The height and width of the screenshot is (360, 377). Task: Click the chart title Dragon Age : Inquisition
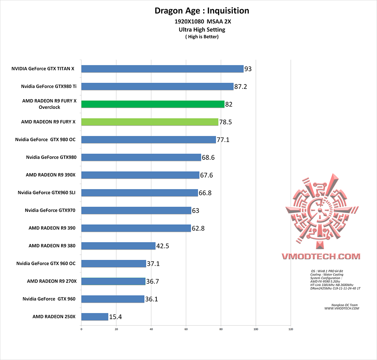[202, 11]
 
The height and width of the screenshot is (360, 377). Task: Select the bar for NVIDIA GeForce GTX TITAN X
[162, 69]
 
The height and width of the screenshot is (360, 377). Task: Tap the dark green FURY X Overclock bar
[153, 104]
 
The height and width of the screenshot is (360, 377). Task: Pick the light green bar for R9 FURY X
[150, 122]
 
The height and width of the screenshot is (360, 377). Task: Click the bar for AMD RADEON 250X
[95, 317]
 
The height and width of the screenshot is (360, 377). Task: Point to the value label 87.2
[241, 87]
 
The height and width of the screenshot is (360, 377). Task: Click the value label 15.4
[116, 317]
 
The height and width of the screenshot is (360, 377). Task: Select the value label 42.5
[163, 246]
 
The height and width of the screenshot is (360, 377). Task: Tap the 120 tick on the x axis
[291, 329]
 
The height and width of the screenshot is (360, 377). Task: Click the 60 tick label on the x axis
[186, 329]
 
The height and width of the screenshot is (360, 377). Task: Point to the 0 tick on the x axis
[81, 329]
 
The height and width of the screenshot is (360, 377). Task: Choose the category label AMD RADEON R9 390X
[51, 175]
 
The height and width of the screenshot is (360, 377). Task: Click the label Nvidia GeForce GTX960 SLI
[47, 193]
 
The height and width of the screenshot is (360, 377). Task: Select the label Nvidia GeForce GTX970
[50, 210]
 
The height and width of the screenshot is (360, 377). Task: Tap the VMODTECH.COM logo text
[321, 256]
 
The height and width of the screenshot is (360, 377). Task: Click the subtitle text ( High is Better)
[202, 37]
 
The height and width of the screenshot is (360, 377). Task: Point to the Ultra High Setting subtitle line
[202, 30]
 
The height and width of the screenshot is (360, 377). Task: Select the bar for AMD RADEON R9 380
[118, 246]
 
